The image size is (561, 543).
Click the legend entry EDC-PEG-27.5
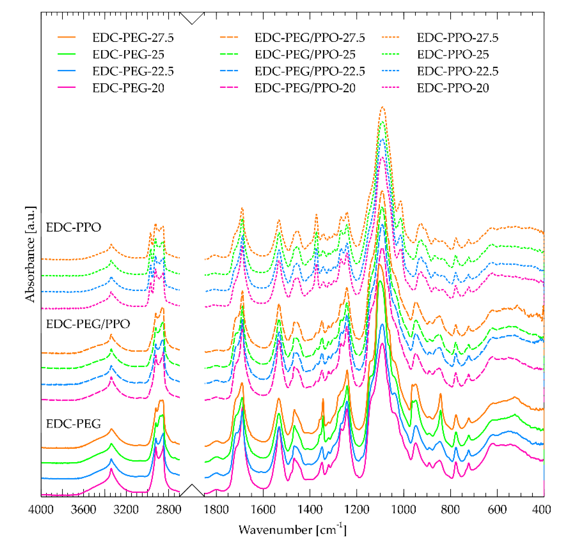pos(133,38)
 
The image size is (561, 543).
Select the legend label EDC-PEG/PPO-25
pos(305,54)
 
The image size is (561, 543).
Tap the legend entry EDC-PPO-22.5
pos(457,71)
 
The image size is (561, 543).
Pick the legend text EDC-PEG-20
pos(128,88)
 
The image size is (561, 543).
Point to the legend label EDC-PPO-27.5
pos(457,38)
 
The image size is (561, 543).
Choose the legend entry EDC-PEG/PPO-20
pos(305,88)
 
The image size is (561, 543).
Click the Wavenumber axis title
pos(292,530)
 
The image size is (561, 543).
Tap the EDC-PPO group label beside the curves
pos(74,227)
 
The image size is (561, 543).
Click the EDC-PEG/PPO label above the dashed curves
pos(88,324)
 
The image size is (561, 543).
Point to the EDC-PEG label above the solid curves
pos(74,423)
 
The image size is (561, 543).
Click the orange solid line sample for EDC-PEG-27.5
pos(66,37)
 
